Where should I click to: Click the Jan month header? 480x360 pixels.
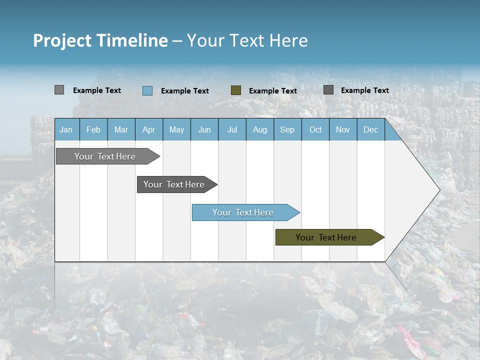click(66, 129)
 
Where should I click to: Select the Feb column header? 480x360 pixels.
click(93, 129)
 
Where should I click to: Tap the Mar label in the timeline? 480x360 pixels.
click(121, 129)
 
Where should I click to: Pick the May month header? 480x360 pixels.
click(176, 129)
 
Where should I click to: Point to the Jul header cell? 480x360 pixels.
click(232, 129)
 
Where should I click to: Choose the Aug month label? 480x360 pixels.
click(259, 129)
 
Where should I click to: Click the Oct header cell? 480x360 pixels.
click(315, 129)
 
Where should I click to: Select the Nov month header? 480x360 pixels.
click(343, 129)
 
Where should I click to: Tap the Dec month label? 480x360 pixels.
click(370, 129)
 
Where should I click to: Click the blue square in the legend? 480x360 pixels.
click(147, 90)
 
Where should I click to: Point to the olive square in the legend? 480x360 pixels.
click(236, 90)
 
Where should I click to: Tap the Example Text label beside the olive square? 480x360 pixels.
click(272, 90)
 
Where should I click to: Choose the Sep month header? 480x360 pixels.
click(287, 129)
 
